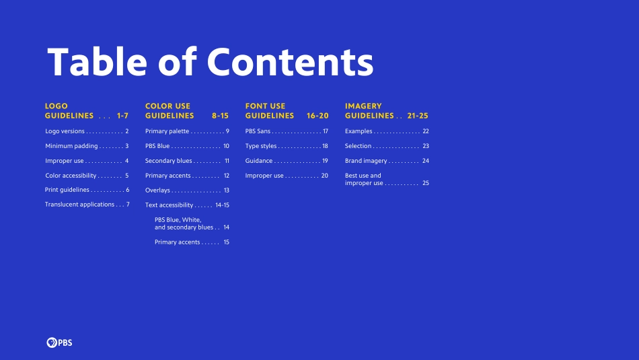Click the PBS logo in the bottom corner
59,343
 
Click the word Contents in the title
290,63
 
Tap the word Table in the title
97,61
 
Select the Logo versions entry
65,131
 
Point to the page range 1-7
122,116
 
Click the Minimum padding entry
71,146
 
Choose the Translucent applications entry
79,205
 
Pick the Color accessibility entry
71,176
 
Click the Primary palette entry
167,131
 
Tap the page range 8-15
220,116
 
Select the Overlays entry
157,190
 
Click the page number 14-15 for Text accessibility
222,205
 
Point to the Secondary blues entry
168,161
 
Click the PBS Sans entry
258,131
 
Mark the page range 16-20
317,116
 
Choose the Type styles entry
261,146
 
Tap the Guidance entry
259,161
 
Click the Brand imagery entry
366,161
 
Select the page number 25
426,183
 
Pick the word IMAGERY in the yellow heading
363,106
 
